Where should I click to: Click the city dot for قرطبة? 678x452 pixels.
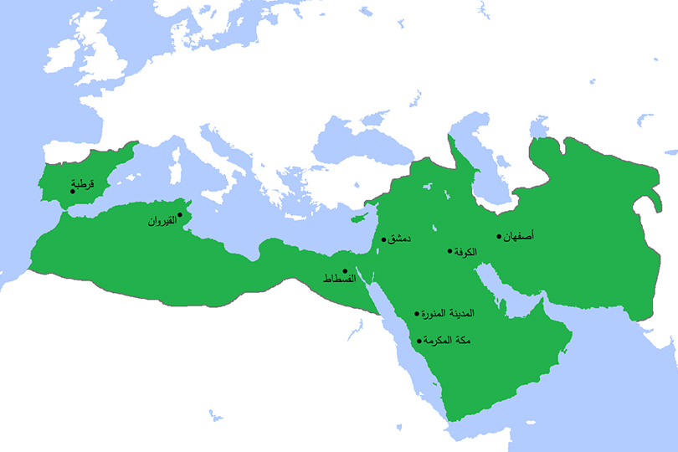(73, 192)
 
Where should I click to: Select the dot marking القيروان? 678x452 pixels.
(179, 215)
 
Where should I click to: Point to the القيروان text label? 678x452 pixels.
(162, 222)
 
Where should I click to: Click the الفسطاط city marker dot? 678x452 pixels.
(345, 271)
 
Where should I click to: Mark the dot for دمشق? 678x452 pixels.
(384, 239)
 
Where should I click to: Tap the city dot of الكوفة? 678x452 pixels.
(450, 251)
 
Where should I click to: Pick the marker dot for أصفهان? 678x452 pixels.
(499, 236)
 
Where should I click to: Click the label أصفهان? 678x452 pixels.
(518, 236)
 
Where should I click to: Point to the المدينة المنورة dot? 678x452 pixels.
(417, 315)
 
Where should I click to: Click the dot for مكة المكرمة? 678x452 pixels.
(419, 342)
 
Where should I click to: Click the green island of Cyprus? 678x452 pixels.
(359, 218)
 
